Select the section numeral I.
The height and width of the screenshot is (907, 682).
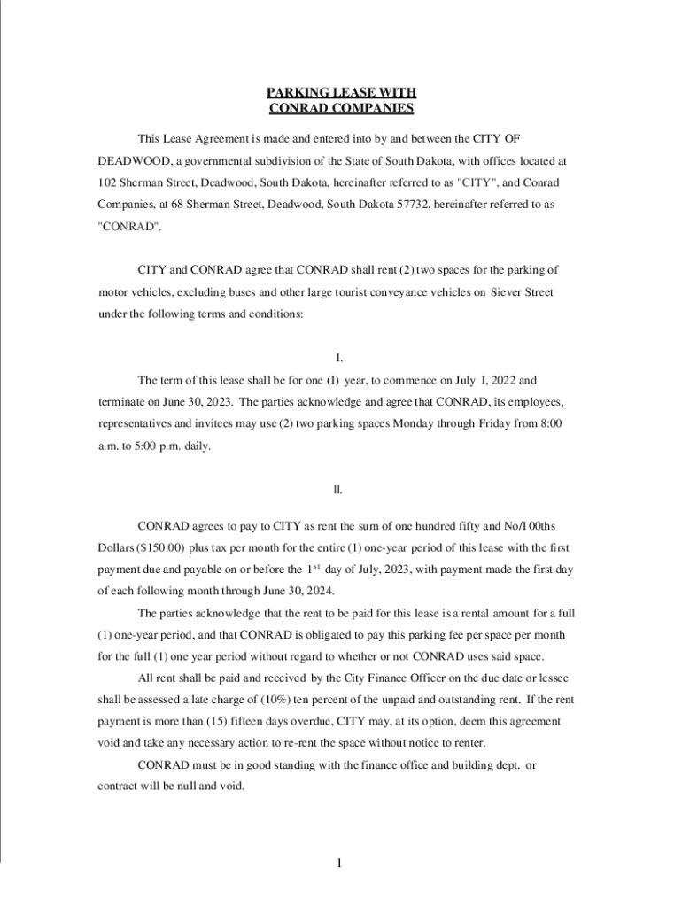pyautogui.click(x=339, y=359)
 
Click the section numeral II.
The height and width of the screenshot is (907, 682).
pyautogui.click(x=339, y=489)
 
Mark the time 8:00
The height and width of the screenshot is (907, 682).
pyautogui.click(x=550, y=423)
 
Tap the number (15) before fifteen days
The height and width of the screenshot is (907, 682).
pyautogui.click(x=228, y=721)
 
